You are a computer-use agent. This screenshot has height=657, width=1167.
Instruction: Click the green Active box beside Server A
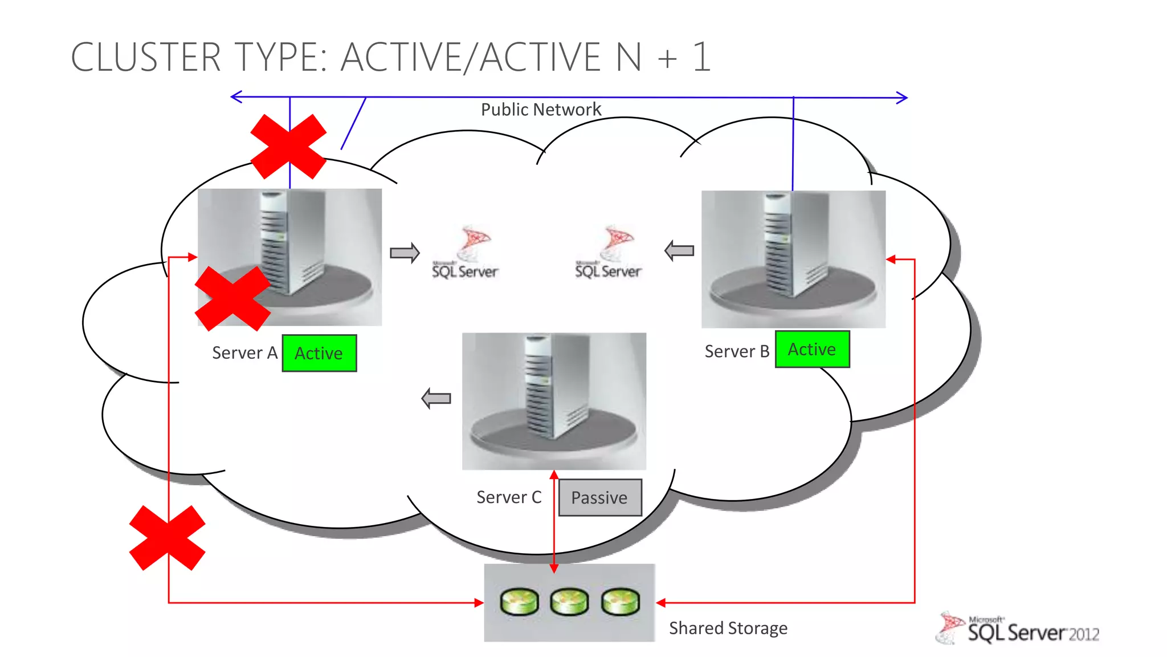click(319, 353)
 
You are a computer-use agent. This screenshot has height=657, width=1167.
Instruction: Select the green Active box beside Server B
click(812, 349)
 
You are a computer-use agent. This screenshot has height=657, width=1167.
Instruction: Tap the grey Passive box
click(600, 497)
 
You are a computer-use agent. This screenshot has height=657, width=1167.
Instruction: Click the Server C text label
click(509, 497)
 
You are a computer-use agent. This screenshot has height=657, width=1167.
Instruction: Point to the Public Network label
click(541, 109)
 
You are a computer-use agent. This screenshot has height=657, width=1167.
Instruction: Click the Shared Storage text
click(728, 628)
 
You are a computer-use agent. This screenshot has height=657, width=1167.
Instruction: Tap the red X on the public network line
click(288, 147)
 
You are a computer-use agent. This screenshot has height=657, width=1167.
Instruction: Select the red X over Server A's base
click(232, 298)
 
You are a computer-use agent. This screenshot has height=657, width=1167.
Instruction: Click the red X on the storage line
click(168, 538)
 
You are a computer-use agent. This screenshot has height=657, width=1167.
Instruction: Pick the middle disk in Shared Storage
click(569, 602)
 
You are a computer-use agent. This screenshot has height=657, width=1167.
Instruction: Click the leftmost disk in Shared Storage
click(519, 602)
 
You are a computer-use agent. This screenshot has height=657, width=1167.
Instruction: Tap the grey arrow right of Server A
click(405, 252)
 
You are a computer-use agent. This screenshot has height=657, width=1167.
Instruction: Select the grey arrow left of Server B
click(679, 250)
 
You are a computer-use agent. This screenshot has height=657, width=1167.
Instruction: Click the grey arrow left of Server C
click(436, 398)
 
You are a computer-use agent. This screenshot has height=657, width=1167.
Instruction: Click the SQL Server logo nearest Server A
click(466, 253)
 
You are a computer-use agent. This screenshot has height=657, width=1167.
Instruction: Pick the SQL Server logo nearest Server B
click(609, 253)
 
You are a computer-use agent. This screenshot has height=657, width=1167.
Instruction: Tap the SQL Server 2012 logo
click(1018, 628)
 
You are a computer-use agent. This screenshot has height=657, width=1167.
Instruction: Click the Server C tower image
click(553, 400)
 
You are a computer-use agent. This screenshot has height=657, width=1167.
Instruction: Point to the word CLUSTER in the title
click(145, 57)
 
